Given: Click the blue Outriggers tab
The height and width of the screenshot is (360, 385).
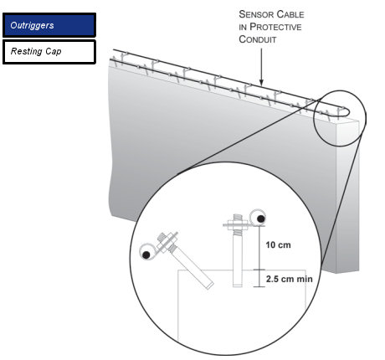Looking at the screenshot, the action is coord(49,25).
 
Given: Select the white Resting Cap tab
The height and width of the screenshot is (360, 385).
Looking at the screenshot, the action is coord(49,52).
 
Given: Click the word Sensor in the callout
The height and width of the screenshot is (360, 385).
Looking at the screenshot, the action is coord(257,14).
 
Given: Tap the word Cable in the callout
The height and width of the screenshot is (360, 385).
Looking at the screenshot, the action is coord(291,14).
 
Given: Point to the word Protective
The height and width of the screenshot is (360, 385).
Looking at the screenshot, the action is coord(275,27).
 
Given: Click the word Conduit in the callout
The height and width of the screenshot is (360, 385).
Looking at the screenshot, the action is coord(258,39).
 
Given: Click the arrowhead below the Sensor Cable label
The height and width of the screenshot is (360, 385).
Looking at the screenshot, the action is coord(261,82).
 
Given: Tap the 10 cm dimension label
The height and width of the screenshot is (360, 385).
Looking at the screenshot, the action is coord(278,245).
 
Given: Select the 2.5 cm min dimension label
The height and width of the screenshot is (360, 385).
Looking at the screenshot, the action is coord(289,279).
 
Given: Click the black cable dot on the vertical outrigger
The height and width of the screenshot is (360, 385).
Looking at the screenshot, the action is coord(261,219).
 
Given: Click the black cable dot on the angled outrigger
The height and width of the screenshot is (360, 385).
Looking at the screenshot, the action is coord(146,255).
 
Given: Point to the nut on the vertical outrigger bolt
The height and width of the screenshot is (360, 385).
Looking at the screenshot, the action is coord(238,224).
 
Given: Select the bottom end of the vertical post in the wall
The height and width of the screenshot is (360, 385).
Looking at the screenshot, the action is coord(238,285).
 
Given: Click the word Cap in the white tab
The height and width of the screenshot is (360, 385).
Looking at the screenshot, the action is coord(54,52).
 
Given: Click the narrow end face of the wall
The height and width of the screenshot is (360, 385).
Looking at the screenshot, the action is coord(348,195).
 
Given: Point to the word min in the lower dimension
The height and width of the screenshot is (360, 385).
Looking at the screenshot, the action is coord(305,279).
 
